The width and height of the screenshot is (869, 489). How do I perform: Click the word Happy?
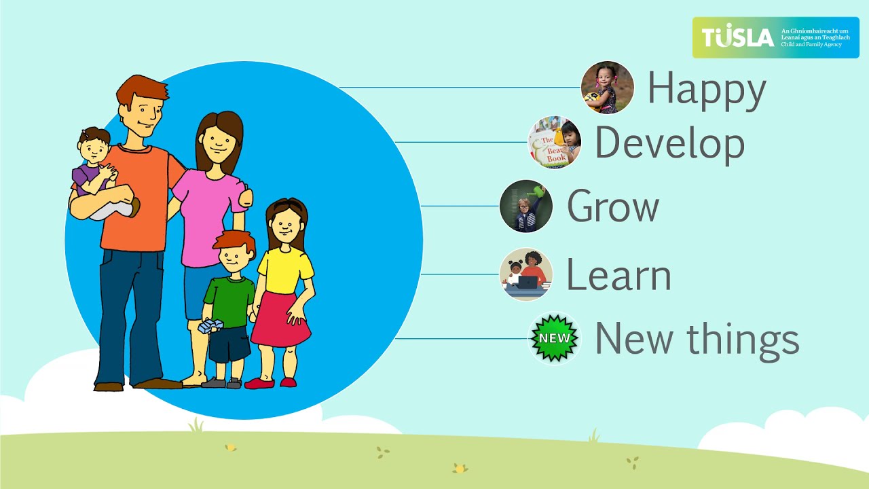706,90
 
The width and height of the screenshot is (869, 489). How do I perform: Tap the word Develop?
669,144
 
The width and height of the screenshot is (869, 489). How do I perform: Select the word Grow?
612,206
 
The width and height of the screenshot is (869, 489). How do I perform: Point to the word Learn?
618,275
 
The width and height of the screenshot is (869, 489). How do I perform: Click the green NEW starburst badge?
555,338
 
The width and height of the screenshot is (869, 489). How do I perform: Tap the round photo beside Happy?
607,88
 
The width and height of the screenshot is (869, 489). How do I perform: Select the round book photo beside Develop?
555,143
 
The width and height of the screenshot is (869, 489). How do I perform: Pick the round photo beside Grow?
526,206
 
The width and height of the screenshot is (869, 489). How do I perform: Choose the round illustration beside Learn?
526,274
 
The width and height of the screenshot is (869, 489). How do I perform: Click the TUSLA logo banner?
775,37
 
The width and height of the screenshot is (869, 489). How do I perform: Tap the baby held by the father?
98,173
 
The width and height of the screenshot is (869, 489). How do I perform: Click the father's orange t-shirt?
136,204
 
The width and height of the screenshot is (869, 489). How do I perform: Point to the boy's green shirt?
229,299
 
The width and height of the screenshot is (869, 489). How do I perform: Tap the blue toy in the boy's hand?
210,327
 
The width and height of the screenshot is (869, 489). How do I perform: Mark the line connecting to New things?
462,338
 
